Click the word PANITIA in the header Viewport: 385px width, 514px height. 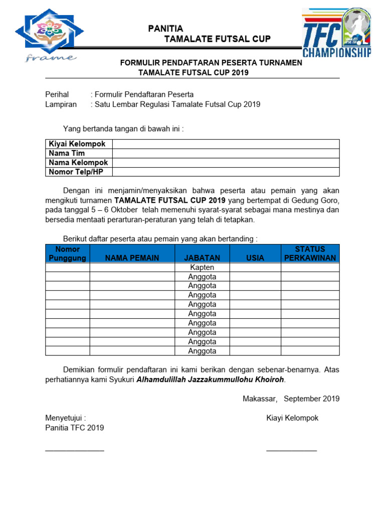[x=165, y=29]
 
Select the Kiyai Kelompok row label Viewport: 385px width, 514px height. [x=77, y=144]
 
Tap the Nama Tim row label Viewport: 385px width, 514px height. [x=67, y=153]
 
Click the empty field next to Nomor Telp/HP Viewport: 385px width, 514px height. [x=226, y=172]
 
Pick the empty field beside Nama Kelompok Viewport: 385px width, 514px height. [x=226, y=163]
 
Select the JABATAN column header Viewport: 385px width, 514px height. [x=202, y=258]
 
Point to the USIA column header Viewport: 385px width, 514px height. [x=255, y=258]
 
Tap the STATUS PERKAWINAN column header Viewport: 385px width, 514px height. [x=310, y=253]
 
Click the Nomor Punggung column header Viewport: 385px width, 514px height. [x=68, y=253]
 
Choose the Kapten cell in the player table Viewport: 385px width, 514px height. [x=202, y=268]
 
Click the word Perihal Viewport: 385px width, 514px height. [x=57, y=94]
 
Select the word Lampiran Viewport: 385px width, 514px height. [x=61, y=104]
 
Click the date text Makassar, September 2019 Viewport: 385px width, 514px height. [x=291, y=399]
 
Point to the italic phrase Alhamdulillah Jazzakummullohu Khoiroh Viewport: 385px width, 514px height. [x=211, y=380]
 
